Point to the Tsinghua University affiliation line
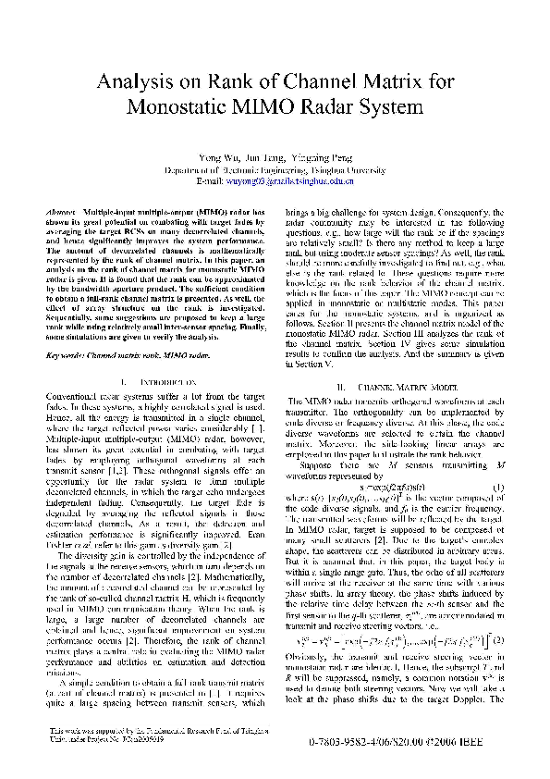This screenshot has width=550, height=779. (x=275, y=170)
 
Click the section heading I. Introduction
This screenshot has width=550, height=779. (x=153, y=355)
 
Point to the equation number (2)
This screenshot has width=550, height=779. (x=501, y=612)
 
